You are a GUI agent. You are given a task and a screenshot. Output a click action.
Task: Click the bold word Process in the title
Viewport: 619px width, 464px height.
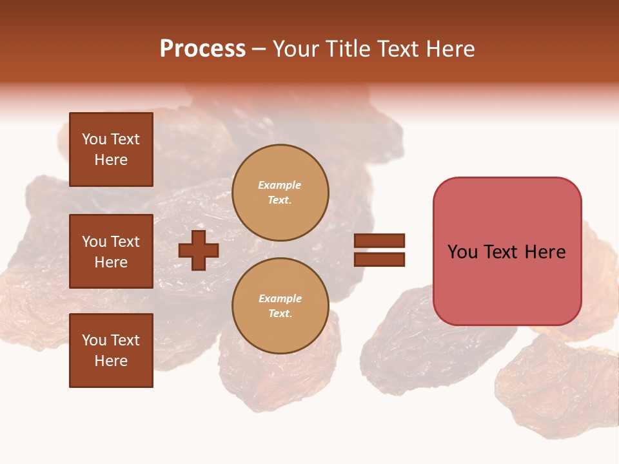coord(202,49)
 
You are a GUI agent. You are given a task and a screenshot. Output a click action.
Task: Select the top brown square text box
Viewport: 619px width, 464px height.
coord(111,150)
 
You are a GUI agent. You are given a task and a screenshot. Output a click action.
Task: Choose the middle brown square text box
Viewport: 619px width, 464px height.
coord(111,251)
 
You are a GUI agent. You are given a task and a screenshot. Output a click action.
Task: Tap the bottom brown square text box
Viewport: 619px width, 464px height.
coord(111,351)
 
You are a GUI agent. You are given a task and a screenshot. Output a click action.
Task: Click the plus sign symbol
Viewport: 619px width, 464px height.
coord(199,250)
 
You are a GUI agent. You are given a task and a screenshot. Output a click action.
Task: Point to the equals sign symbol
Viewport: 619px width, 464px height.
coord(379,250)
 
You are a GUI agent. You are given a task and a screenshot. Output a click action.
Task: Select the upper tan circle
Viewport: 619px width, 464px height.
coord(280,192)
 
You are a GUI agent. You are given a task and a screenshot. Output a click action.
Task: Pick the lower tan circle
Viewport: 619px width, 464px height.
coord(280,305)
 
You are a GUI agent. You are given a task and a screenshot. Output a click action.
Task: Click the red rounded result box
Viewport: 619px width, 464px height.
coord(507,251)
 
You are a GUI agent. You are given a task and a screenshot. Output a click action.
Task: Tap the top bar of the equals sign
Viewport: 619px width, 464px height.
coord(379,241)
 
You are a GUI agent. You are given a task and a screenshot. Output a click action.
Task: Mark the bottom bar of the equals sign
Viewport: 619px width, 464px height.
coord(379,259)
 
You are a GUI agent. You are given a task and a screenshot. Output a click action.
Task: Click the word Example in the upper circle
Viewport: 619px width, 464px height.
coord(280,185)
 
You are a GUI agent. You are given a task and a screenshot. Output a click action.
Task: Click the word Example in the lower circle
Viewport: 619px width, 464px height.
coord(280,298)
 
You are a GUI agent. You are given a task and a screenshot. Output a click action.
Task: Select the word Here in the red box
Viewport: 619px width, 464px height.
coord(545,252)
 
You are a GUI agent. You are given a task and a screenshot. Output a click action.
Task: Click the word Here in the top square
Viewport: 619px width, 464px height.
coord(111,160)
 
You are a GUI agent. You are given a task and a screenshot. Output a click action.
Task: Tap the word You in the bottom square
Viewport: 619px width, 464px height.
coord(94,340)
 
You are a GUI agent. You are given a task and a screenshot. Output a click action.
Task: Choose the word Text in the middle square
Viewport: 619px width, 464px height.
coord(124,242)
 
